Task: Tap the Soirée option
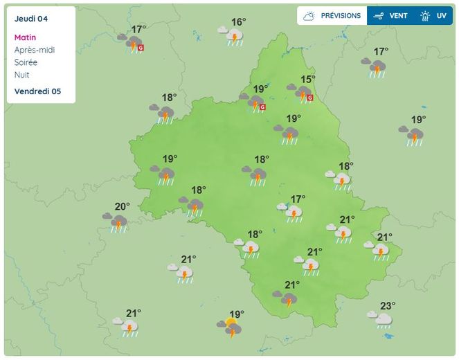(26, 62)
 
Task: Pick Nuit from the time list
(21, 75)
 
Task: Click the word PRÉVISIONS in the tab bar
(341, 16)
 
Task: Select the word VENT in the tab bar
(398, 16)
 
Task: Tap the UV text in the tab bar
(441, 16)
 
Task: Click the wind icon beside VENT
(379, 16)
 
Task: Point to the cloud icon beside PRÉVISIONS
(309, 16)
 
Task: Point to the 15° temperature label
(307, 80)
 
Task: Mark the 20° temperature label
(122, 206)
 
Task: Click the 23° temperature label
(388, 305)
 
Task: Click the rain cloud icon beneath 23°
(382, 321)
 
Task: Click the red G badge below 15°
(309, 98)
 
